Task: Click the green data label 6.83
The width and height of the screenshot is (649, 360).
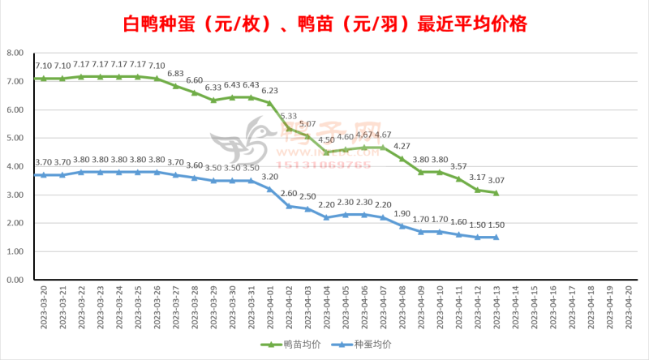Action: coord(175,74)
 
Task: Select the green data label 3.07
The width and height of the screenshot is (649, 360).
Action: coord(496,181)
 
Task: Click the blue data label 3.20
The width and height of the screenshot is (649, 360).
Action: coord(269,177)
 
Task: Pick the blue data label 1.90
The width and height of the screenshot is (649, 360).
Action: coord(402,214)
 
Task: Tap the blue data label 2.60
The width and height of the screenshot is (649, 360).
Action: coord(288,194)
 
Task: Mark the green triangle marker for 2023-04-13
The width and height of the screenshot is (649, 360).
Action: coord(496,193)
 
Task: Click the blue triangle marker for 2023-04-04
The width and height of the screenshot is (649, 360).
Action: coord(326,217)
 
